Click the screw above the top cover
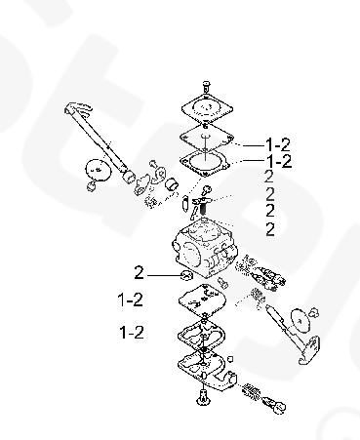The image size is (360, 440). point(206,87)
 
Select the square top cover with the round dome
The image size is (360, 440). point(207,108)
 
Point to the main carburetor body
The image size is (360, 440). point(205,249)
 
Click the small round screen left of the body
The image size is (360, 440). point(187,275)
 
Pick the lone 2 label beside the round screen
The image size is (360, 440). point(139,272)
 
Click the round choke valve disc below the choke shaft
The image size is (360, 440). point(98,170)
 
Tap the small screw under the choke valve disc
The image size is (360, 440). point(92,186)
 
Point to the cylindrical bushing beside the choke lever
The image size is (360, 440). point(172,184)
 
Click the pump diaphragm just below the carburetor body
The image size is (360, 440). point(202,300)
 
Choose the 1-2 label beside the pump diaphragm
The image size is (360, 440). point(130,300)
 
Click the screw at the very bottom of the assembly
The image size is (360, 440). point(203,398)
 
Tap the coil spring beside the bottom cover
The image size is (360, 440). point(252,391)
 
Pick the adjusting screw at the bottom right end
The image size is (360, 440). point(274,405)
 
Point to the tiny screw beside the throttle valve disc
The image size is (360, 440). point(314,312)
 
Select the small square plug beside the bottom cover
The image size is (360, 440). point(230,359)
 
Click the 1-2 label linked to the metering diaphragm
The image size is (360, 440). point(278,144)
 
